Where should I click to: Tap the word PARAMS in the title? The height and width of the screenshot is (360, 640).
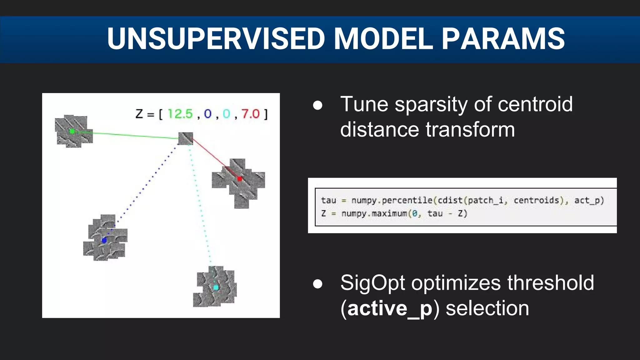[x=503, y=39]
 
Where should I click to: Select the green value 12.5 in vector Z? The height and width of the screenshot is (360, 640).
[x=180, y=114]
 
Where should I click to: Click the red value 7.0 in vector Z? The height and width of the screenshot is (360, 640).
[x=250, y=114]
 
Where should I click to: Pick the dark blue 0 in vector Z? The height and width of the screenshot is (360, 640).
[x=208, y=114]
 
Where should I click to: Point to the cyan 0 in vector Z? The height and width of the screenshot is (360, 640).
[x=226, y=114]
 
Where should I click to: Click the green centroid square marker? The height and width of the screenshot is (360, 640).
[x=72, y=131]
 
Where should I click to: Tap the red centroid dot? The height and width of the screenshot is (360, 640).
[x=240, y=179]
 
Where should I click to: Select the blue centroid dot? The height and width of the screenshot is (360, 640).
[x=104, y=240]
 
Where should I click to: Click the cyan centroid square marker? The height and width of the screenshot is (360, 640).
[x=216, y=287]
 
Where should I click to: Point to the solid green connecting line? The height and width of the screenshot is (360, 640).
[x=131, y=135]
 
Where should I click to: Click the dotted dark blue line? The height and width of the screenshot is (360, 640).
[x=144, y=187]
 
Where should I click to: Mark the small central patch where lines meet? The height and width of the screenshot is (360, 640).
[x=185, y=138]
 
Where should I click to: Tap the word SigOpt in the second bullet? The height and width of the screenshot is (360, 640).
[x=373, y=283]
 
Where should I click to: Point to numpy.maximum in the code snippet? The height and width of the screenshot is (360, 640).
[x=374, y=214]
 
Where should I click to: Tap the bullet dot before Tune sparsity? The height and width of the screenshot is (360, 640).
[x=317, y=105]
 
